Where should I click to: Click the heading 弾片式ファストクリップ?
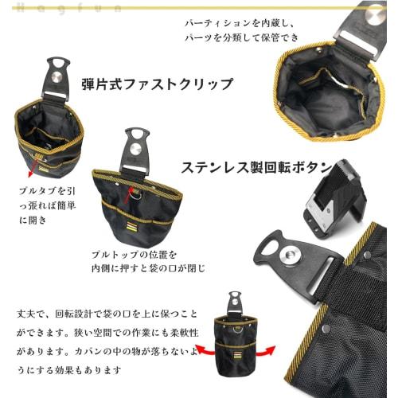tap(156, 84)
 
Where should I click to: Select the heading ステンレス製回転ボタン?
tap(253, 169)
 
